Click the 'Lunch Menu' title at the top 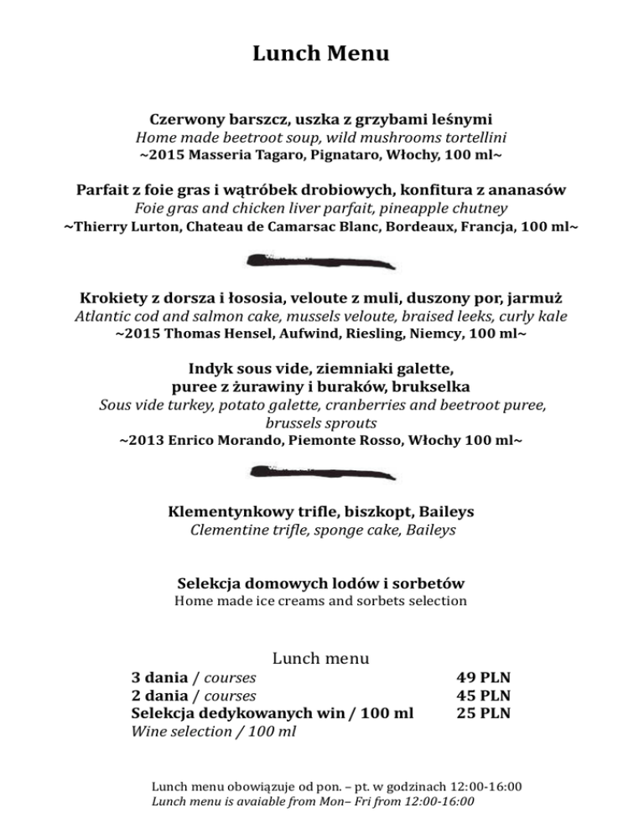coord(321,55)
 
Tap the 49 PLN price coord(484,677)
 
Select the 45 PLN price coord(484,696)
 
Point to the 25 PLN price coord(484,714)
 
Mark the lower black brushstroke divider coord(322,473)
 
